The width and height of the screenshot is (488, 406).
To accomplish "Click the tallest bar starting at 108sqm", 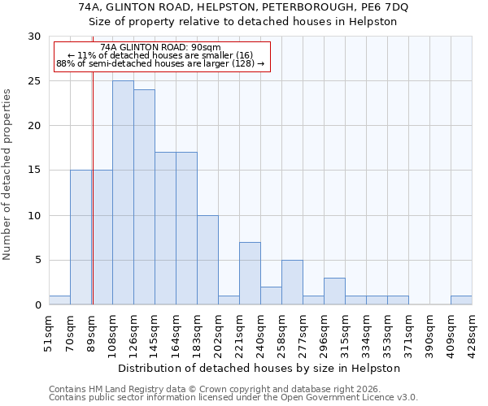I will [123, 192].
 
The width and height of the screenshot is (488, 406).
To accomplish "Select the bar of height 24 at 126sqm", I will [144, 197].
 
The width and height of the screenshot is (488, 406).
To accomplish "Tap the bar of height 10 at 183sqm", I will [207, 260].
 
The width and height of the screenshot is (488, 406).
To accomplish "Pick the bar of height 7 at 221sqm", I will [250, 274].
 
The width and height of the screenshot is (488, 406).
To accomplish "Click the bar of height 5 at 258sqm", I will [292, 283].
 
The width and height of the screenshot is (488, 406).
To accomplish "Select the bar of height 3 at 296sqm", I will [334, 292].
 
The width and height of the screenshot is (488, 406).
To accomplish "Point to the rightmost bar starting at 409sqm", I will [461, 300].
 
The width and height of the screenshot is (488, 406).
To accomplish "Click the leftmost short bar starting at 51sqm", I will [59, 300].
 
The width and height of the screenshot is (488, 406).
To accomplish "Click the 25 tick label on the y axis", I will [34, 81].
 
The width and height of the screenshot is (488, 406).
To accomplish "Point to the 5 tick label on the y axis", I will [37, 261].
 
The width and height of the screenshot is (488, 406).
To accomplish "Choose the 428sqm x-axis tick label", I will [473, 331].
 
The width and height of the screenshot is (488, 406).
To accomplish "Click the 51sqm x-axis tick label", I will [50, 331].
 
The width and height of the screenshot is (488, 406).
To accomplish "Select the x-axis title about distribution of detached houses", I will [260, 368].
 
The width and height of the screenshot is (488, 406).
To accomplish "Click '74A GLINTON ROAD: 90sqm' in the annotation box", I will [160, 47].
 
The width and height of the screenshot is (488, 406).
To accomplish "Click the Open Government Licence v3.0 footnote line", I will [233, 398].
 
